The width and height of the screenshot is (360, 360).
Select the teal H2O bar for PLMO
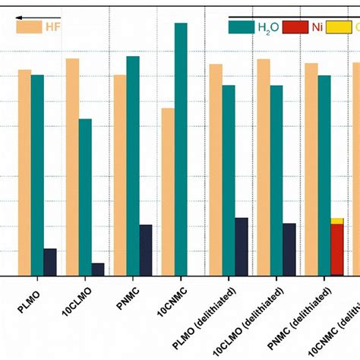point(37,175)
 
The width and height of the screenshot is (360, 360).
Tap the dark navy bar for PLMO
point(50,262)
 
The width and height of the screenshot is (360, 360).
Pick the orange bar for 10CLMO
point(72,167)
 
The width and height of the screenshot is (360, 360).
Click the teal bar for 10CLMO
point(85,197)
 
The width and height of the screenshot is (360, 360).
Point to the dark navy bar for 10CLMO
point(98,269)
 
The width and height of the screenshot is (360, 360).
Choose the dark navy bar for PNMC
point(146,250)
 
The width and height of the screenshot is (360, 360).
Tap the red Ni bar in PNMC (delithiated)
point(336,250)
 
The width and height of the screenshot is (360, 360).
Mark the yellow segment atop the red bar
point(336,221)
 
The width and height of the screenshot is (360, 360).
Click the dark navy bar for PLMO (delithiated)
point(241,246)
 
